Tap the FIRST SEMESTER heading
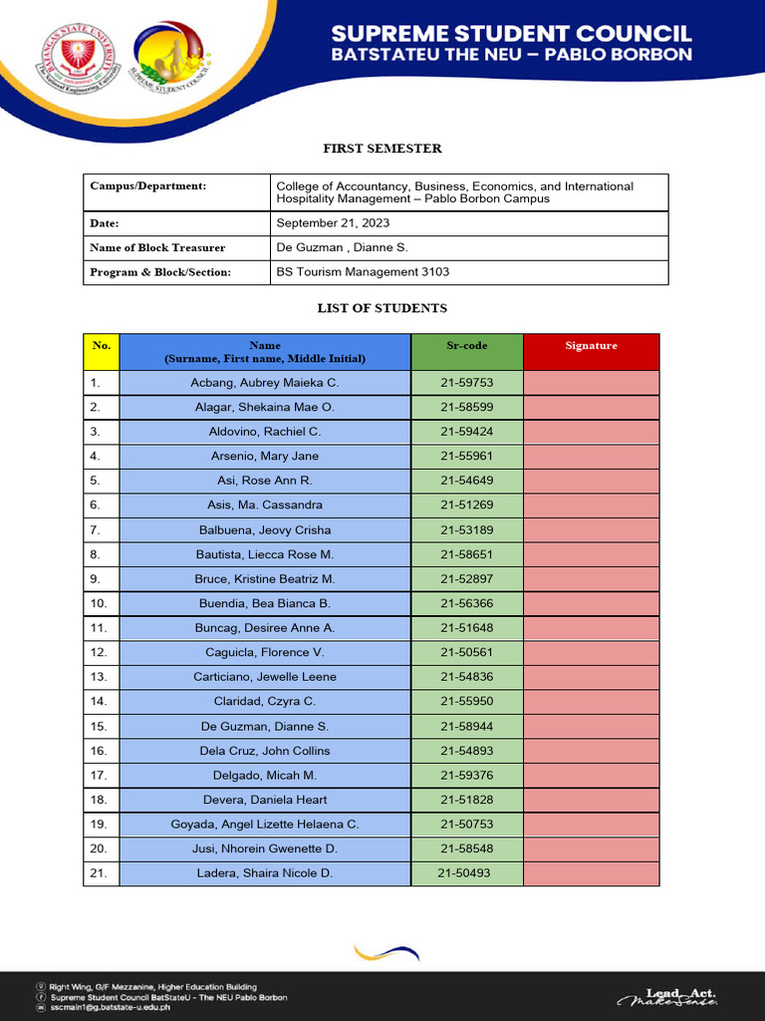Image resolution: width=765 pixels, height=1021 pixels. [382, 149]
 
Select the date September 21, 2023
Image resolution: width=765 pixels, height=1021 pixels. [333, 223]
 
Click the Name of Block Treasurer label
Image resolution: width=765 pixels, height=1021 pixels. [157, 247]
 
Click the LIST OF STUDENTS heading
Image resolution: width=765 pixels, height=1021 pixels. [382, 309]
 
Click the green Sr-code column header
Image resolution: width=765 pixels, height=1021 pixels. [466, 346]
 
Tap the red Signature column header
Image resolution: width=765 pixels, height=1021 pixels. [591, 346]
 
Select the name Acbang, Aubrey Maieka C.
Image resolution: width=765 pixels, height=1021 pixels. [265, 383]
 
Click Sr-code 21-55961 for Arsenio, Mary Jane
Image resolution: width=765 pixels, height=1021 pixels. [466, 456]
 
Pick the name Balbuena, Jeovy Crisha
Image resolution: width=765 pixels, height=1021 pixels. [265, 529]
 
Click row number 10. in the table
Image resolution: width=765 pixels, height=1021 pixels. [99, 603]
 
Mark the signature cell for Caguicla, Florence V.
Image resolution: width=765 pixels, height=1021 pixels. [591, 652]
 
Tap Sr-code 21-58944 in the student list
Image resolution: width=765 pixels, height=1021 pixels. [466, 726]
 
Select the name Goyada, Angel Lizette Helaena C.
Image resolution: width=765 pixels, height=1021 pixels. [265, 825]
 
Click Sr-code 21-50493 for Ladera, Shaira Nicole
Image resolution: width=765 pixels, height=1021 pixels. [464, 873]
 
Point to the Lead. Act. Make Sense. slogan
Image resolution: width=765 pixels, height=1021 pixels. [666, 997]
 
